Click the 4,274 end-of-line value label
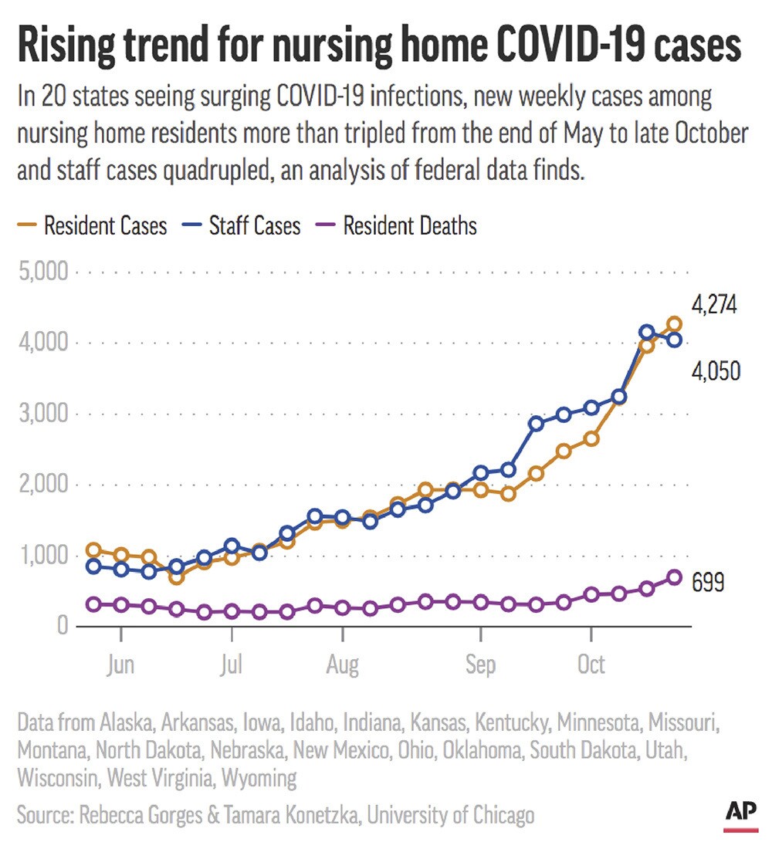[x=714, y=306]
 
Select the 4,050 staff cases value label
[x=715, y=372]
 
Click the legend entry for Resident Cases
[x=93, y=226]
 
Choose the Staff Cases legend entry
[x=242, y=226]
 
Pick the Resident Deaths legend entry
[x=397, y=226]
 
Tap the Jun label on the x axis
[x=121, y=665]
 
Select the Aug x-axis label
[x=342, y=665]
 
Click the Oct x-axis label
[x=591, y=665]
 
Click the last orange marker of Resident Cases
[x=674, y=324]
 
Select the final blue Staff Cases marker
[x=674, y=340]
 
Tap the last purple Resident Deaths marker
[x=674, y=577]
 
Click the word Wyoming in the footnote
[x=259, y=778]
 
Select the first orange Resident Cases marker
[x=93, y=550]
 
